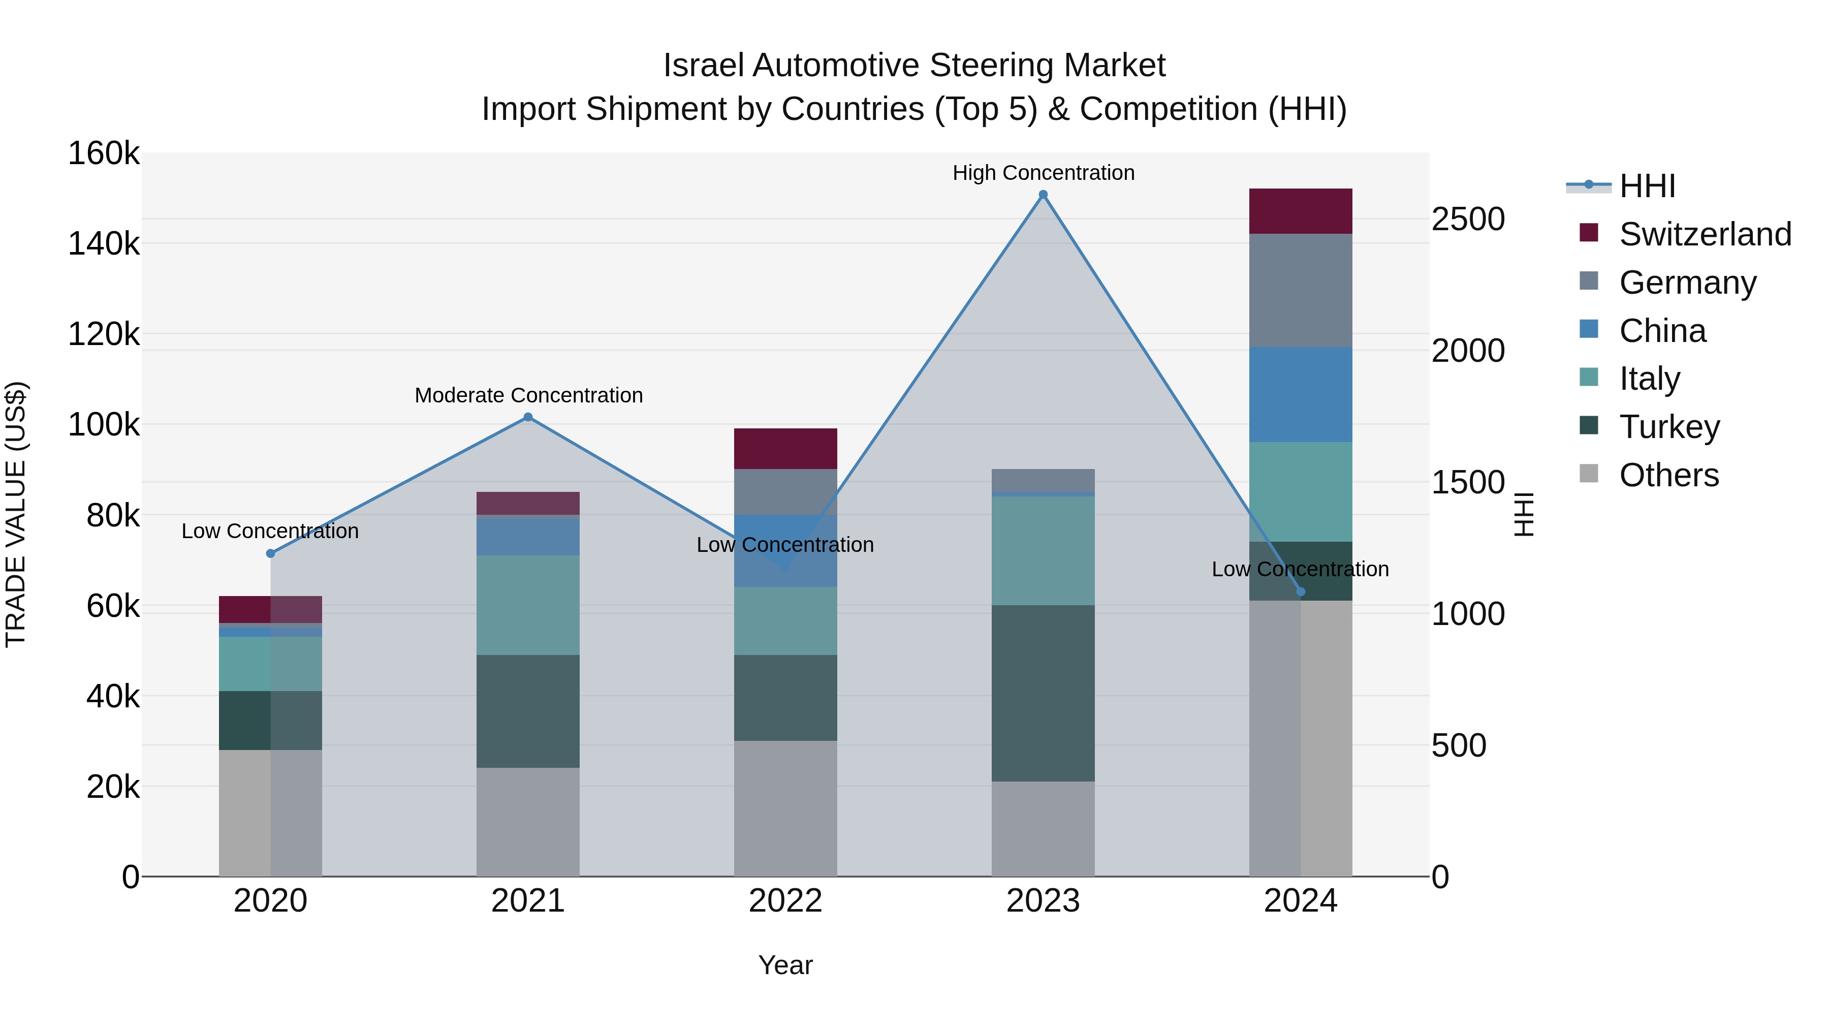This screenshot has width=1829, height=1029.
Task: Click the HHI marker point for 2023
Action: point(1043,195)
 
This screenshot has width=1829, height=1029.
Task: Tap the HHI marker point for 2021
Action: point(527,417)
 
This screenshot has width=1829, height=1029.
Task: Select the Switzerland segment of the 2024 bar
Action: point(1300,211)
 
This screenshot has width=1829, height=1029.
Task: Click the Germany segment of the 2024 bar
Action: point(1300,291)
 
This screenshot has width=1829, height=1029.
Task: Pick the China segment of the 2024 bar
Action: point(1300,395)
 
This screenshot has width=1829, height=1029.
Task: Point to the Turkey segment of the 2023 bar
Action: point(1043,693)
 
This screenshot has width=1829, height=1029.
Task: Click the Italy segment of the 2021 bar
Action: point(527,605)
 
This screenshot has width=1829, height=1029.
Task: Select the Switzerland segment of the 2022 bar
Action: point(785,448)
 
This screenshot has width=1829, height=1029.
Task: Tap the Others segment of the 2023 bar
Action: point(1043,829)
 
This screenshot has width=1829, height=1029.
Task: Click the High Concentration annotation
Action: point(1043,173)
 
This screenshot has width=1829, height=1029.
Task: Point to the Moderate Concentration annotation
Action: point(528,395)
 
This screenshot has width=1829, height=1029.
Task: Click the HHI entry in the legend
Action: point(1647,186)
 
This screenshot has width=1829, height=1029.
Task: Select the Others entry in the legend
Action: point(1668,475)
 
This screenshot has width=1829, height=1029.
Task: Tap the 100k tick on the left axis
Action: point(104,425)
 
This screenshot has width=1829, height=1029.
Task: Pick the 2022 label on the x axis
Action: point(785,901)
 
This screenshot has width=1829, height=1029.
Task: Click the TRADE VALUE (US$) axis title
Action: point(16,514)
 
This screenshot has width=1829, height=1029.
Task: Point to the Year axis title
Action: point(785,965)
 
